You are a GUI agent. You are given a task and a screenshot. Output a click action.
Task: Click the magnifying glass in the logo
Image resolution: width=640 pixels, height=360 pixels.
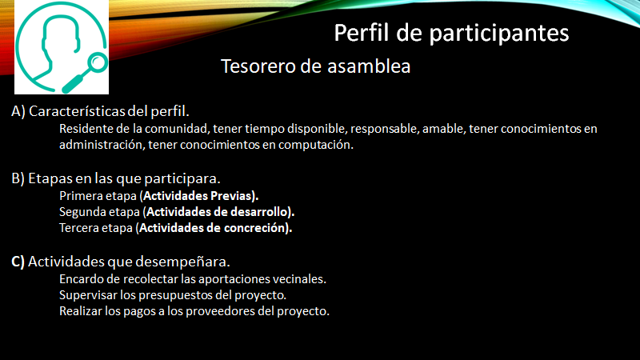tap(86, 73)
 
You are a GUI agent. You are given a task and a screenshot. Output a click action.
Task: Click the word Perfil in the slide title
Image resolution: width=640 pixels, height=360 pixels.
tap(362, 33)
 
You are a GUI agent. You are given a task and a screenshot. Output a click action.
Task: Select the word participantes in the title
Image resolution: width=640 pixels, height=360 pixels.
tap(498, 34)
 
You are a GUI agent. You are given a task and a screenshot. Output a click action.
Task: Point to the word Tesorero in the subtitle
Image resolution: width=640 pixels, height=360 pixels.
tap(258, 66)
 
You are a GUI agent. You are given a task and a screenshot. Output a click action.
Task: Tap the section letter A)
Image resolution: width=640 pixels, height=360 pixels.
tap(18, 111)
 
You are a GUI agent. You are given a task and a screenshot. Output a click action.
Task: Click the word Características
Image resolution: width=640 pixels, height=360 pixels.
tap(77, 111)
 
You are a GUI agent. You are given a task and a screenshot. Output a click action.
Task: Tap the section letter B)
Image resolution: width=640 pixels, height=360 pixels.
tap(18, 178)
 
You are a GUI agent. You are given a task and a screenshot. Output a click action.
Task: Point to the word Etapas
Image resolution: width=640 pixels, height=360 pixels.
tap(46, 178)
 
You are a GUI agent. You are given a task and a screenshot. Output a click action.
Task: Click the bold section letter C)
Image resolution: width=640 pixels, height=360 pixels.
tap(18, 262)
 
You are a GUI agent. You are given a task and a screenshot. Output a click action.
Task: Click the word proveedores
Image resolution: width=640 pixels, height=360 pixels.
tap(221, 311)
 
